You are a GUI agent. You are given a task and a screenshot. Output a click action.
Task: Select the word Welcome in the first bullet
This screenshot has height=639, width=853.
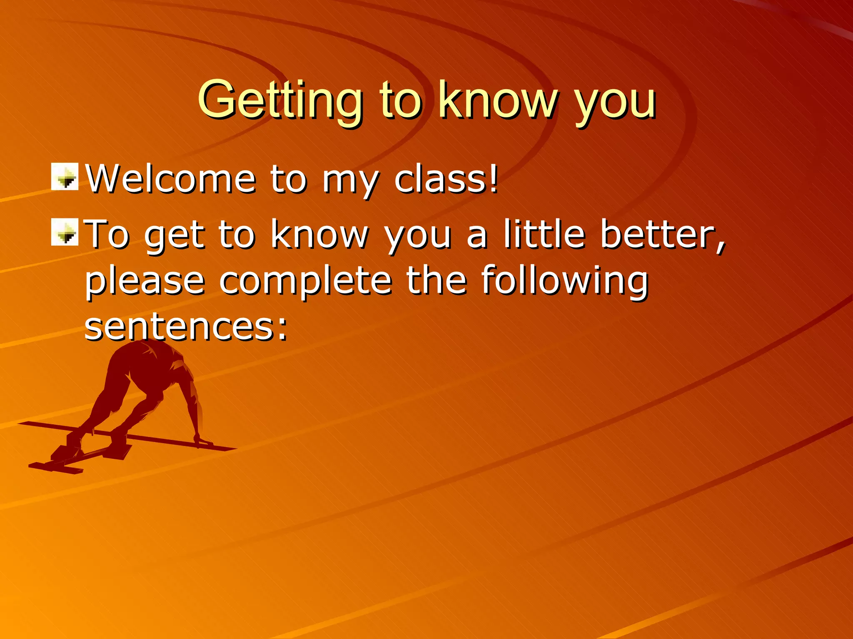click(x=170, y=179)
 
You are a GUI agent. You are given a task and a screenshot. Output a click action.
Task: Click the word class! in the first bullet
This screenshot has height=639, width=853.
click(x=446, y=179)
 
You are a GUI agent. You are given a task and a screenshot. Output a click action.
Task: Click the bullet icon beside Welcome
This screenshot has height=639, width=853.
click(x=65, y=177)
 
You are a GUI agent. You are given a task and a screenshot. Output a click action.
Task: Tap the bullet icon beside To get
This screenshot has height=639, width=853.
click(x=65, y=232)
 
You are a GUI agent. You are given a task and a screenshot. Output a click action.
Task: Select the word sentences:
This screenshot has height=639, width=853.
click(x=186, y=327)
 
